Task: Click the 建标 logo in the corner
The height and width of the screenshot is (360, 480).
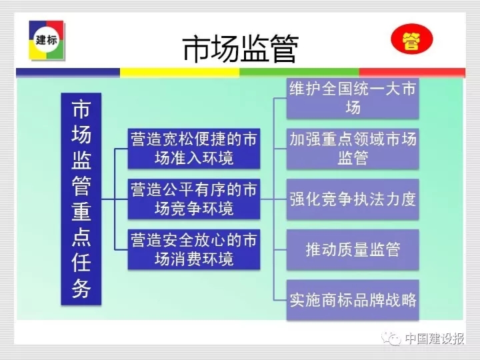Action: click(47, 40)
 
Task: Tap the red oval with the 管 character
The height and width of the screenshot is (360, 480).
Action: click(412, 39)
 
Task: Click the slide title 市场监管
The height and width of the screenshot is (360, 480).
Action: click(240, 49)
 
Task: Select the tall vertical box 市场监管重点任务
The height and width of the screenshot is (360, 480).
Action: click(81, 199)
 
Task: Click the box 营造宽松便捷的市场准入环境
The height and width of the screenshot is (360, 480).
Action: click(194, 149)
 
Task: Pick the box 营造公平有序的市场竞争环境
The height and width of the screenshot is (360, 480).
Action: click(194, 199)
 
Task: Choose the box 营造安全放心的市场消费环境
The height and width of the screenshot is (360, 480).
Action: click(194, 249)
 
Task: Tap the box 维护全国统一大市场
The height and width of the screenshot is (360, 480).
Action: click(353, 98)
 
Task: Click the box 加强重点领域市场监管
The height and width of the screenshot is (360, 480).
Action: click(353, 149)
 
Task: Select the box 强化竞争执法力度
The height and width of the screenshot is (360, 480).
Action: click(353, 199)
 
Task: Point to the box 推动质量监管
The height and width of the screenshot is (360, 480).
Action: click(353, 249)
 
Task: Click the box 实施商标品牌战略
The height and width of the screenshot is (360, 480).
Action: click(353, 300)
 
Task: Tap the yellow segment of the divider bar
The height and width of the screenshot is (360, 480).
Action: click(180, 73)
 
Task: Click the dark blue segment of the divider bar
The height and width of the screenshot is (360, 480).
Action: click(68, 73)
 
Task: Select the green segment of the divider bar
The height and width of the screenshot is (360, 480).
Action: click(299, 73)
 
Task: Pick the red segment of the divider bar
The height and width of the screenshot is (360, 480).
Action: click(412, 73)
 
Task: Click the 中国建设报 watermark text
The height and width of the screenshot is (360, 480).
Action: click(435, 339)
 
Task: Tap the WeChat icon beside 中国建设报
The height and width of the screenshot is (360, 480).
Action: click(391, 338)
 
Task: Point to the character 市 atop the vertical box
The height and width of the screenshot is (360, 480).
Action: click(81, 109)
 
